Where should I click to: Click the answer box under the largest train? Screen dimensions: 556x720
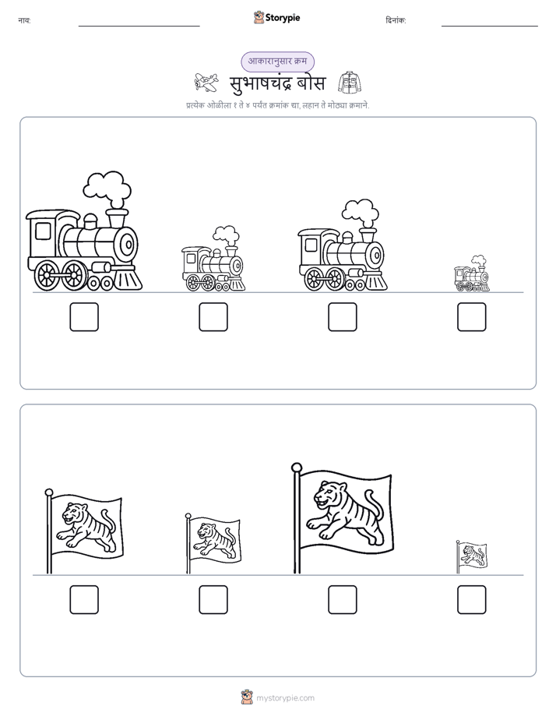[84, 317]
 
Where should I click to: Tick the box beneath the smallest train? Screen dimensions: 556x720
[472, 317]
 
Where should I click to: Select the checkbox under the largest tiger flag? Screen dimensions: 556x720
[342, 600]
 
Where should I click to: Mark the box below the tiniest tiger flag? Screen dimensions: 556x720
[472, 600]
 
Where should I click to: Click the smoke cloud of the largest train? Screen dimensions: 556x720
[107, 189]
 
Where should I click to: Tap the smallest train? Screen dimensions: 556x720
[472, 274]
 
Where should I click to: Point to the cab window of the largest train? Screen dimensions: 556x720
[43, 231]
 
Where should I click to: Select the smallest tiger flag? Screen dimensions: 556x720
[471, 556]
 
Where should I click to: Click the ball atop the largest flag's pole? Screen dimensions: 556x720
[297, 468]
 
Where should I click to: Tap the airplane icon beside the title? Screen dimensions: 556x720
[206, 83]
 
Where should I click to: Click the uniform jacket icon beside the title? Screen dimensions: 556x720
[350, 83]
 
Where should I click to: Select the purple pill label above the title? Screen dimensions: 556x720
[277, 62]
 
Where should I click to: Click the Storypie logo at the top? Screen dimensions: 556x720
[277, 17]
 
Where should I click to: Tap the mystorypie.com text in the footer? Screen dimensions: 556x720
[285, 698]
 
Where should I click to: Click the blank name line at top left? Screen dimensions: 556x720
[139, 26]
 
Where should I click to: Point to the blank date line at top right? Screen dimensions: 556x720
[490, 26]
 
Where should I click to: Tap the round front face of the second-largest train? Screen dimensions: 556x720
[375, 254]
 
